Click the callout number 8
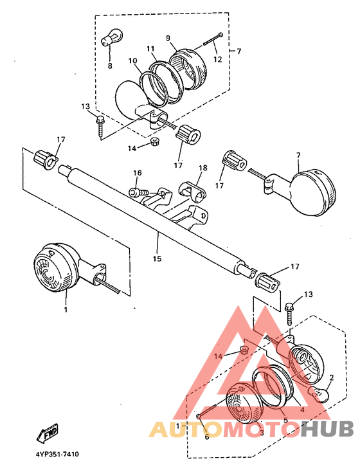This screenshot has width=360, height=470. (110, 66)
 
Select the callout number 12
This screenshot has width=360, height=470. (218, 59)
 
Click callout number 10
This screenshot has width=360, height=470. (132, 61)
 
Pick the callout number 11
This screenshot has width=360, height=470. (150, 49)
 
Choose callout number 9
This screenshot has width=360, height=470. (168, 38)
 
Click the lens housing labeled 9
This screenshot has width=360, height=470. (188, 69)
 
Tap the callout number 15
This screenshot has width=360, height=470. (157, 258)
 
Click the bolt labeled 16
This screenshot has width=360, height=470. (138, 192)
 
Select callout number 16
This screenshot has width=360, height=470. (138, 173)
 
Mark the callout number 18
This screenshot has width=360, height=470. (203, 168)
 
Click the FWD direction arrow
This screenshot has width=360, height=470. (48, 433)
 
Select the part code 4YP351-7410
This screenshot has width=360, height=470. (57, 455)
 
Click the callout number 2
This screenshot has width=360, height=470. (332, 377)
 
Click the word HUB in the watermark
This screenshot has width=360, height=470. (327, 429)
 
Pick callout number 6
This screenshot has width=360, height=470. (207, 437)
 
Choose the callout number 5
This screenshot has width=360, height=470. (285, 420)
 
